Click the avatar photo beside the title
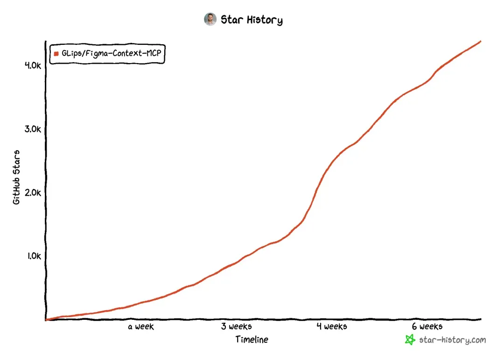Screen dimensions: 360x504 pos(210,19)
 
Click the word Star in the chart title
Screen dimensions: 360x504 pos(231,20)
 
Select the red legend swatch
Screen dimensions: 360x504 pos(56,53)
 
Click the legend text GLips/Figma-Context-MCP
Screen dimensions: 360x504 pos(111,53)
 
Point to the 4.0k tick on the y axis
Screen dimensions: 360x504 pos(33,65)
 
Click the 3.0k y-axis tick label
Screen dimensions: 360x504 pos(33,129)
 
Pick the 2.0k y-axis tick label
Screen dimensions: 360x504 pos(33,192)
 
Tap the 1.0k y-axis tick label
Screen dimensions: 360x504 pos(33,256)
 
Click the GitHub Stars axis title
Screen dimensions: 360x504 pos(17,177)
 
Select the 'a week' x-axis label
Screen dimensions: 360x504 pos(141,326)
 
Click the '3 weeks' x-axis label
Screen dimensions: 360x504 pos(236,326)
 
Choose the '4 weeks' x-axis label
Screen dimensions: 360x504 pos(332,326)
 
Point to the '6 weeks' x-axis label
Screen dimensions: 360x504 pos(427,326)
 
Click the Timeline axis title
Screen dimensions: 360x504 pos(252,339)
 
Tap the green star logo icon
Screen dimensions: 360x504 pos(410,340)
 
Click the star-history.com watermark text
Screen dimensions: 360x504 pos(452,340)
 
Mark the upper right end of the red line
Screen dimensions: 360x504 pos(480,42)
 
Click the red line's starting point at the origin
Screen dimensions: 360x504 pos(46,320)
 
